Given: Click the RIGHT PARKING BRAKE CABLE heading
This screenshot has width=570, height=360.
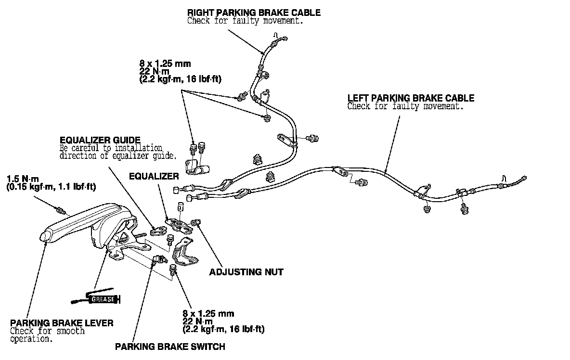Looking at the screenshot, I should [254, 12].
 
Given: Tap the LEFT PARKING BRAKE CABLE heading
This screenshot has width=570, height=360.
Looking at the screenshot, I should [411, 98].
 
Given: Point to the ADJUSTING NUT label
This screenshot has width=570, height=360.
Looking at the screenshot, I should [246, 272].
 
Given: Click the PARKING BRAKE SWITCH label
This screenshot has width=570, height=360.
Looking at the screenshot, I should [170, 346].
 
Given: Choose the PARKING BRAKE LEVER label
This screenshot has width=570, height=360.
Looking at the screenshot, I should [62, 323].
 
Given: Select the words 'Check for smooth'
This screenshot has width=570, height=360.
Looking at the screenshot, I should [47, 331].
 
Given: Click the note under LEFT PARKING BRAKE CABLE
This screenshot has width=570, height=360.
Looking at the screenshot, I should [405, 106].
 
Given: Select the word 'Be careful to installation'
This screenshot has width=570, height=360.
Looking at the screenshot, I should [111, 148].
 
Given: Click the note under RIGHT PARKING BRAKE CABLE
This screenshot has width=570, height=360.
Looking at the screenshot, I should [245, 21].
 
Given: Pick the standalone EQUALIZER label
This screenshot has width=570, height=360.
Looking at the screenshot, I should [154, 176].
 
